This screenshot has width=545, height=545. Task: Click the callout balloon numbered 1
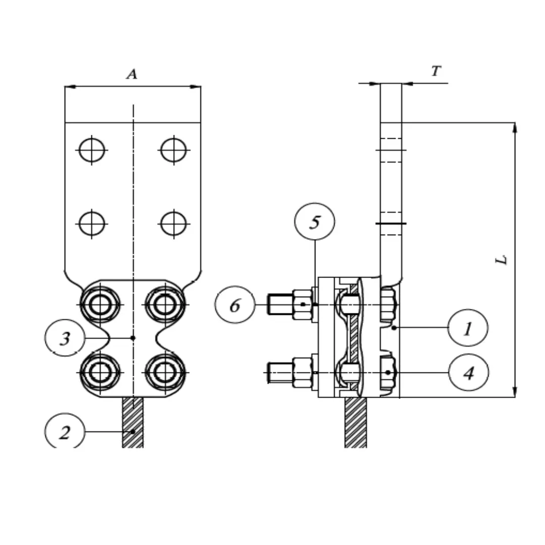point(468,328)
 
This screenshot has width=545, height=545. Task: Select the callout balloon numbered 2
point(65,432)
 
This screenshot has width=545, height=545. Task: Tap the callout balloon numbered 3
point(65,338)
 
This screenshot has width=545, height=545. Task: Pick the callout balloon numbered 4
point(468,373)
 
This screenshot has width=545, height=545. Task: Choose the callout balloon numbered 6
point(235,305)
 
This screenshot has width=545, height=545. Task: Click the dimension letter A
point(132,75)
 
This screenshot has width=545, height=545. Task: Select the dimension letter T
point(436,72)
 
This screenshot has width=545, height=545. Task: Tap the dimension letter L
point(502,260)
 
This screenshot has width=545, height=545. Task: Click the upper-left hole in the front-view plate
point(92,150)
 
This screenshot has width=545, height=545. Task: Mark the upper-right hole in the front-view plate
point(174,150)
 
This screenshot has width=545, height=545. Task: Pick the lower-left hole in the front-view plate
point(92,223)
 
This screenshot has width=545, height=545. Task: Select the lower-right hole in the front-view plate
point(174,223)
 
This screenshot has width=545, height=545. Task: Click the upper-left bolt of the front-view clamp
point(100,305)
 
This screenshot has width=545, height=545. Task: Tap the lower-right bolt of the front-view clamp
point(165,372)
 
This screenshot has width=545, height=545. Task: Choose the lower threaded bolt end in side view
point(279,373)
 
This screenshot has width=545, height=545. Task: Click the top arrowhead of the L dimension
point(515,127)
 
